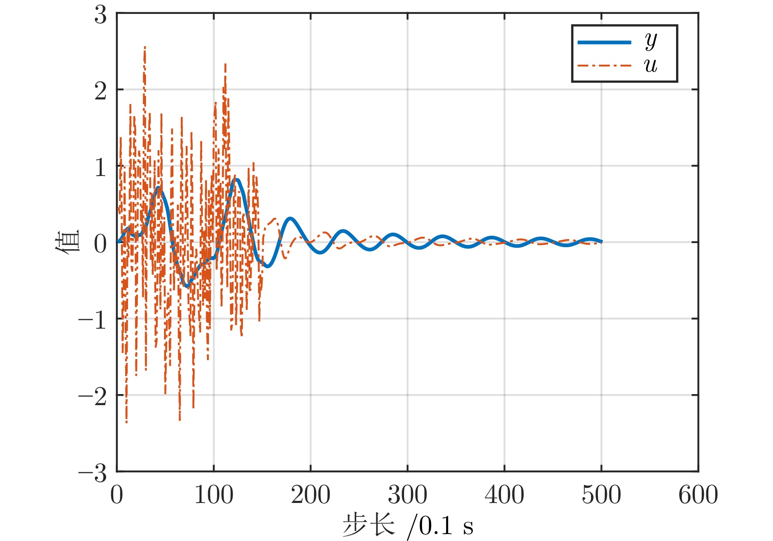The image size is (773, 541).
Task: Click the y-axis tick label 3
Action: point(101,16)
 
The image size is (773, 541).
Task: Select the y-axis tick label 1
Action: point(101,167)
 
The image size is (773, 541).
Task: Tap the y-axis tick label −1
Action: point(93,320)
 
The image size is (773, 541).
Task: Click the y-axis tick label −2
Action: point(93,397)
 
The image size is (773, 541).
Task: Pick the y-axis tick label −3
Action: point(93,473)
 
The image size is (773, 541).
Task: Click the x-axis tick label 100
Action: point(213,495)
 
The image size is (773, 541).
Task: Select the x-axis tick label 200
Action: point(310,495)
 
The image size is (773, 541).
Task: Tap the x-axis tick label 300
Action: point(407,495)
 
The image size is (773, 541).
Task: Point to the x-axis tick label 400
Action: point(504,495)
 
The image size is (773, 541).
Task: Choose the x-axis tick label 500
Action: point(601,495)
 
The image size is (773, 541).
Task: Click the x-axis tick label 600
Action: point(698,495)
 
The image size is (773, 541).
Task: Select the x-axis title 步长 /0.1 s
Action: point(407,525)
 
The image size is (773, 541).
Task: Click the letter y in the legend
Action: point(651,41)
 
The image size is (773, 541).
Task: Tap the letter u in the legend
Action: point(651,65)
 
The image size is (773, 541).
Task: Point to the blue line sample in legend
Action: point(604,42)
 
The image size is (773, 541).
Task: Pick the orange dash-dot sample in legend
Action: point(604,65)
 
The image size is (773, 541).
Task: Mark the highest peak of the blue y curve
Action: point(236,179)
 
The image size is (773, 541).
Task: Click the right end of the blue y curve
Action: point(601,242)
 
